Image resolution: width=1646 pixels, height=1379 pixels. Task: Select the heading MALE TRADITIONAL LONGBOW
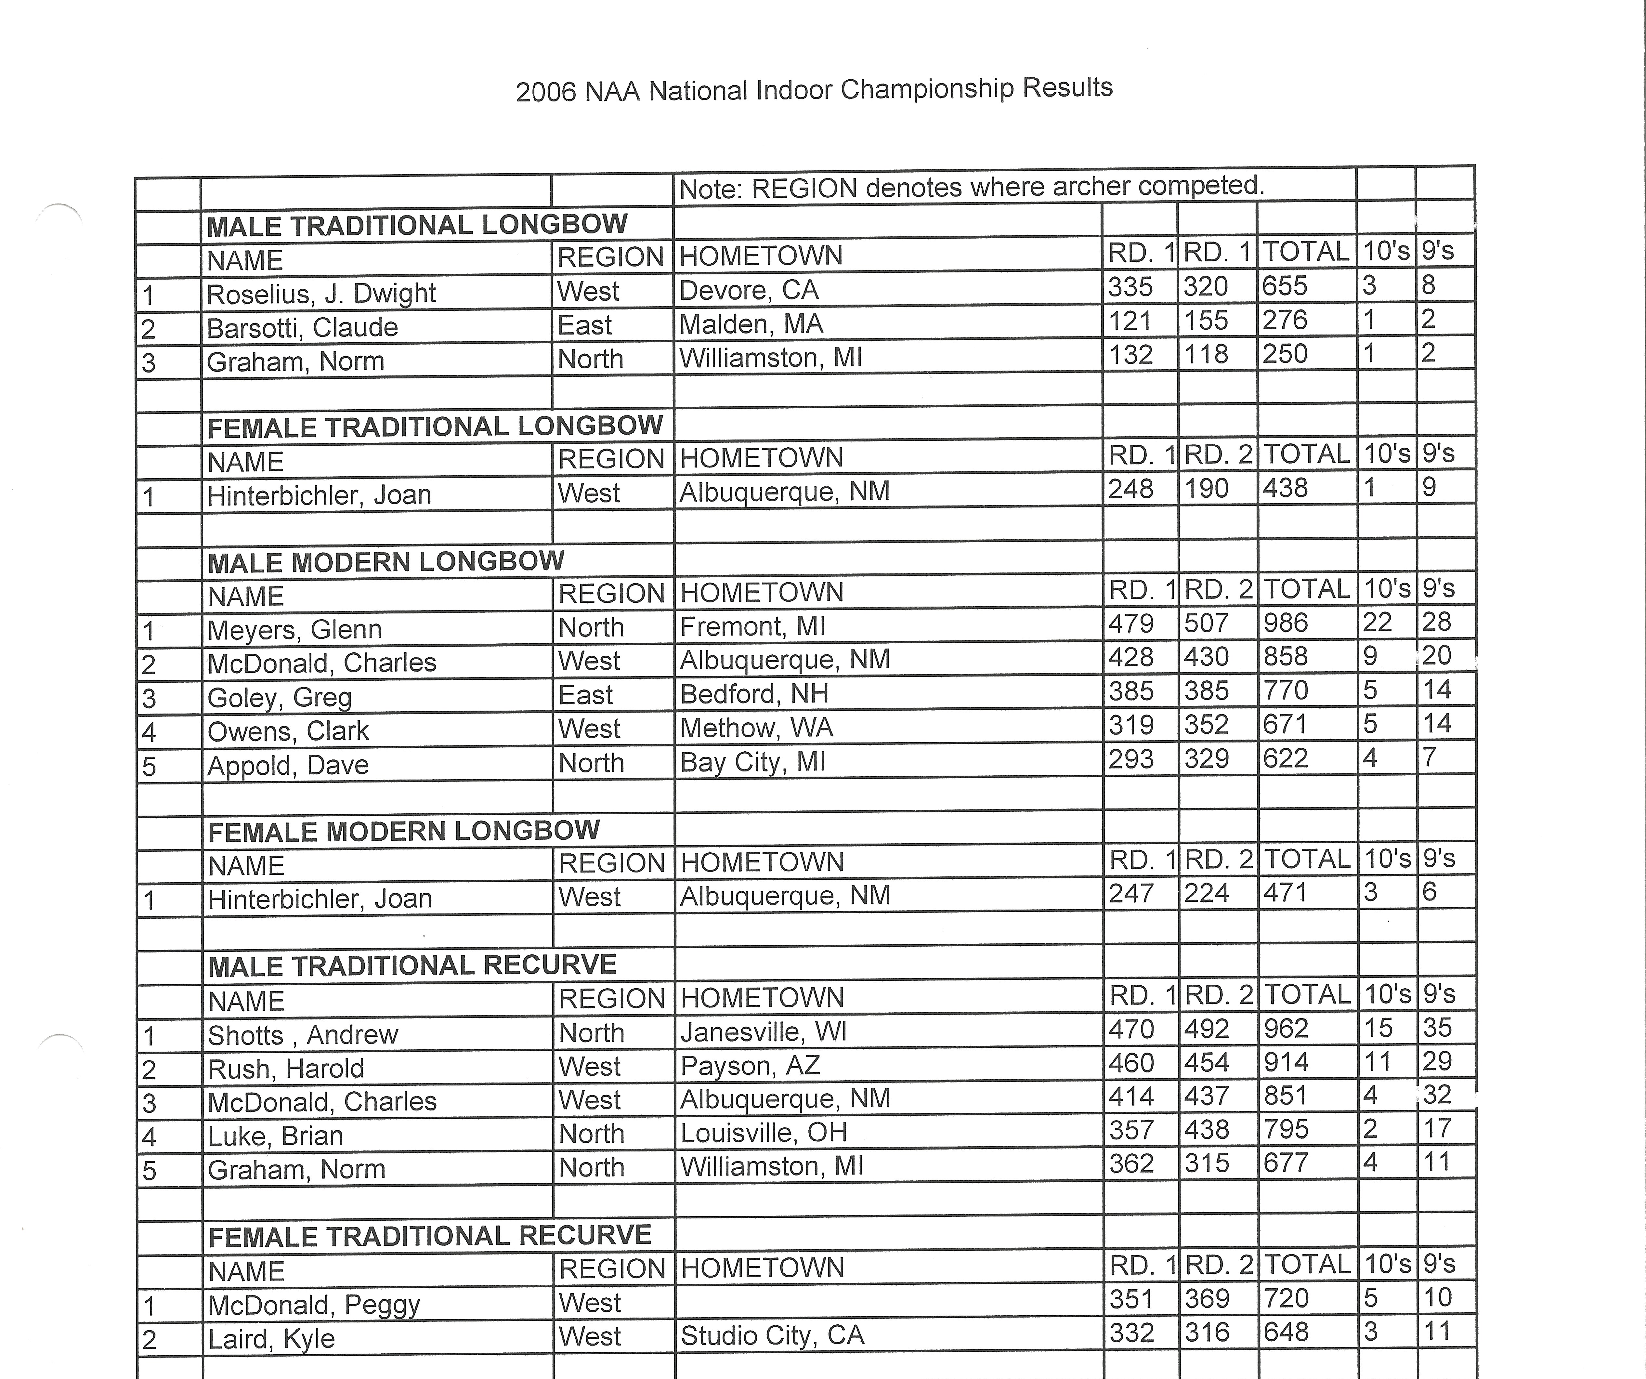click(416, 225)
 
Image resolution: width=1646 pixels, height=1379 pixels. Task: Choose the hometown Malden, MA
click(751, 324)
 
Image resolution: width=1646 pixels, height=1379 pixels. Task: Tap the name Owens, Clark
click(288, 731)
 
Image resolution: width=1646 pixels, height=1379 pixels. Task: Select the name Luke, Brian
click(275, 1135)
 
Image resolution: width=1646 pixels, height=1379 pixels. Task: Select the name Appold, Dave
click(288, 764)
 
